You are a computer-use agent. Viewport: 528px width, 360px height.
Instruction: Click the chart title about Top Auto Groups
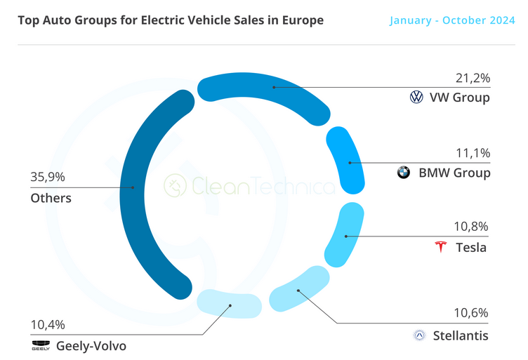coord(171,20)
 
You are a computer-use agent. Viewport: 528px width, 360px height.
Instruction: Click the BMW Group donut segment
coord(347,161)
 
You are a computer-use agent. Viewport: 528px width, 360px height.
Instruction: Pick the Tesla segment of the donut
coord(343,236)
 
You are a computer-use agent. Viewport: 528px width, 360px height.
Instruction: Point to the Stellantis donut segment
coord(299,288)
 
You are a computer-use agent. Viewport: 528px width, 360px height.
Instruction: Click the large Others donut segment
coord(140,189)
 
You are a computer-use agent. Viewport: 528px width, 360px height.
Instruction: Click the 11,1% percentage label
coord(472,152)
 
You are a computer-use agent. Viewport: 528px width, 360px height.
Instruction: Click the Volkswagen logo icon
coord(417,98)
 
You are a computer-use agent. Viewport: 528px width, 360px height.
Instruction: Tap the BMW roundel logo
coord(404,173)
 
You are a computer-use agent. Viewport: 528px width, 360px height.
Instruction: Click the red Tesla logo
coord(441,247)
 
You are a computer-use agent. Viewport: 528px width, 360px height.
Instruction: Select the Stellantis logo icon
coord(419,336)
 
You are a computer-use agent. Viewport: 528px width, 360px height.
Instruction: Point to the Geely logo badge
coord(41,345)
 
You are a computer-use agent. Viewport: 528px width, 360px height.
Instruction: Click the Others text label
coord(51,198)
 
